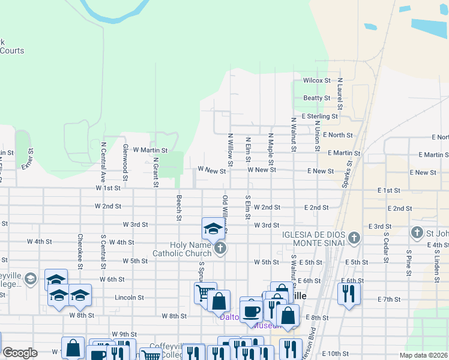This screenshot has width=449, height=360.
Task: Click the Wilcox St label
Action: (316, 80)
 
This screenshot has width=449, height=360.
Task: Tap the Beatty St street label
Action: (316, 98)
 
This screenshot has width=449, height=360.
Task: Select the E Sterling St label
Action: (320, 116)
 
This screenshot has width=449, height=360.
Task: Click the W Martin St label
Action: (149, 150)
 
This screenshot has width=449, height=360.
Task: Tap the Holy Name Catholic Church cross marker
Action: (220, 248)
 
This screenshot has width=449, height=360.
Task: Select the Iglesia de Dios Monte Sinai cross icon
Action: (354, 238)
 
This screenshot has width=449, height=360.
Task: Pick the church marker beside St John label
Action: (417, 232)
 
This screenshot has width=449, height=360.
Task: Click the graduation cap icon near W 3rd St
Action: (212, 229)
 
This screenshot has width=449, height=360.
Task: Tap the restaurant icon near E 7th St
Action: (348, 294)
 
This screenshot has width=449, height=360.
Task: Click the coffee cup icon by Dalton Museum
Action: (251, 310)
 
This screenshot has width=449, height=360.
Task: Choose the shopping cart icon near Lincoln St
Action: (204, 293)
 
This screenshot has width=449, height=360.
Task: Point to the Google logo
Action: (20, 353)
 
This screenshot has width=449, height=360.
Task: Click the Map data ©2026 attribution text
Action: (423, 355)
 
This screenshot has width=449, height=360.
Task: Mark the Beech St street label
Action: (178, 207)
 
